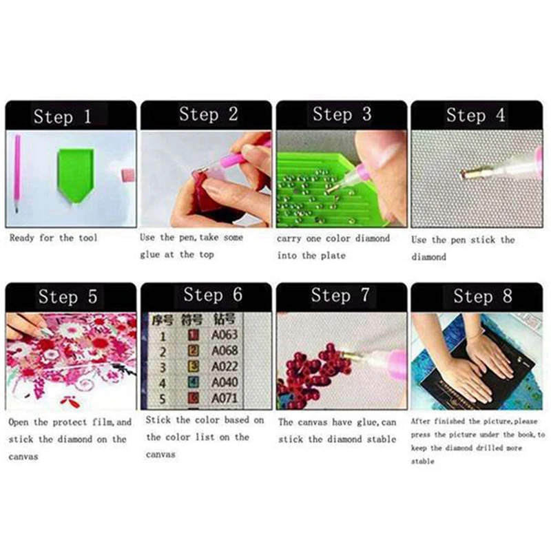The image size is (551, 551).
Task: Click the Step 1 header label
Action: tap(63, 116)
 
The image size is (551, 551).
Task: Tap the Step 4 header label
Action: tap(475, 115)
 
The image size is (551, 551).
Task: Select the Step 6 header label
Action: tap(213, 295)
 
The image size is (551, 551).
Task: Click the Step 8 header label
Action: tap(482, 296)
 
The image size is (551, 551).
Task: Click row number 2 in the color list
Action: tap(163, 351)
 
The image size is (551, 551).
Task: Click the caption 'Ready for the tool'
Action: tap(53, 238)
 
